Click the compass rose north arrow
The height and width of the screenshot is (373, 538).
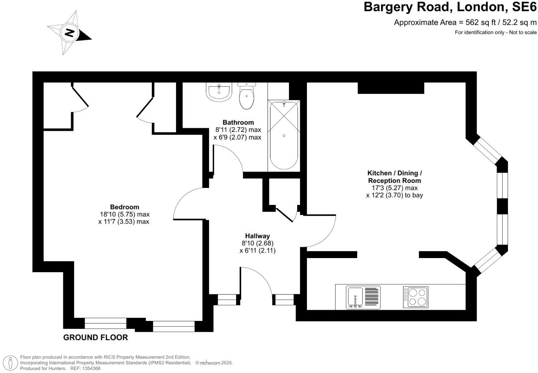click(69, 33)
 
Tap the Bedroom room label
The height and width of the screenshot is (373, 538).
click(124, 207)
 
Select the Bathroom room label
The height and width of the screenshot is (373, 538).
click(238, 123)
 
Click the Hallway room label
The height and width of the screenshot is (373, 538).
click(257, 236)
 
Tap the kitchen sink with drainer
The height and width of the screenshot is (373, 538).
click(363, 297)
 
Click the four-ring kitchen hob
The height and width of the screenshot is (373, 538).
click(416, 297)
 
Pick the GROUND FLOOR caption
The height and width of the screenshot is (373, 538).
click(95, 338)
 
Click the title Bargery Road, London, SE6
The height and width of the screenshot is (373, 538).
click(450, 7)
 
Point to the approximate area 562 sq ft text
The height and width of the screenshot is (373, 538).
click(465, 22)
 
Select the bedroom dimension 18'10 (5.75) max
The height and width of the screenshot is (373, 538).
click(125, 214)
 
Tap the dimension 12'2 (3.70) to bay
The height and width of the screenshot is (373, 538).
click(394, 195)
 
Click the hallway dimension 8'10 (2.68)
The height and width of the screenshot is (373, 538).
click(257, 243)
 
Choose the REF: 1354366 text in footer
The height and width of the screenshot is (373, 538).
click(85, 368)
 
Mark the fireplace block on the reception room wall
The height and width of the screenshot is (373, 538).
click(390, 88)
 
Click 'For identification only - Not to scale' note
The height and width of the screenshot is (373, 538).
click(495, 33)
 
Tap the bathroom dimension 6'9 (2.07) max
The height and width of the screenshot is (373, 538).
click(237, 137)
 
